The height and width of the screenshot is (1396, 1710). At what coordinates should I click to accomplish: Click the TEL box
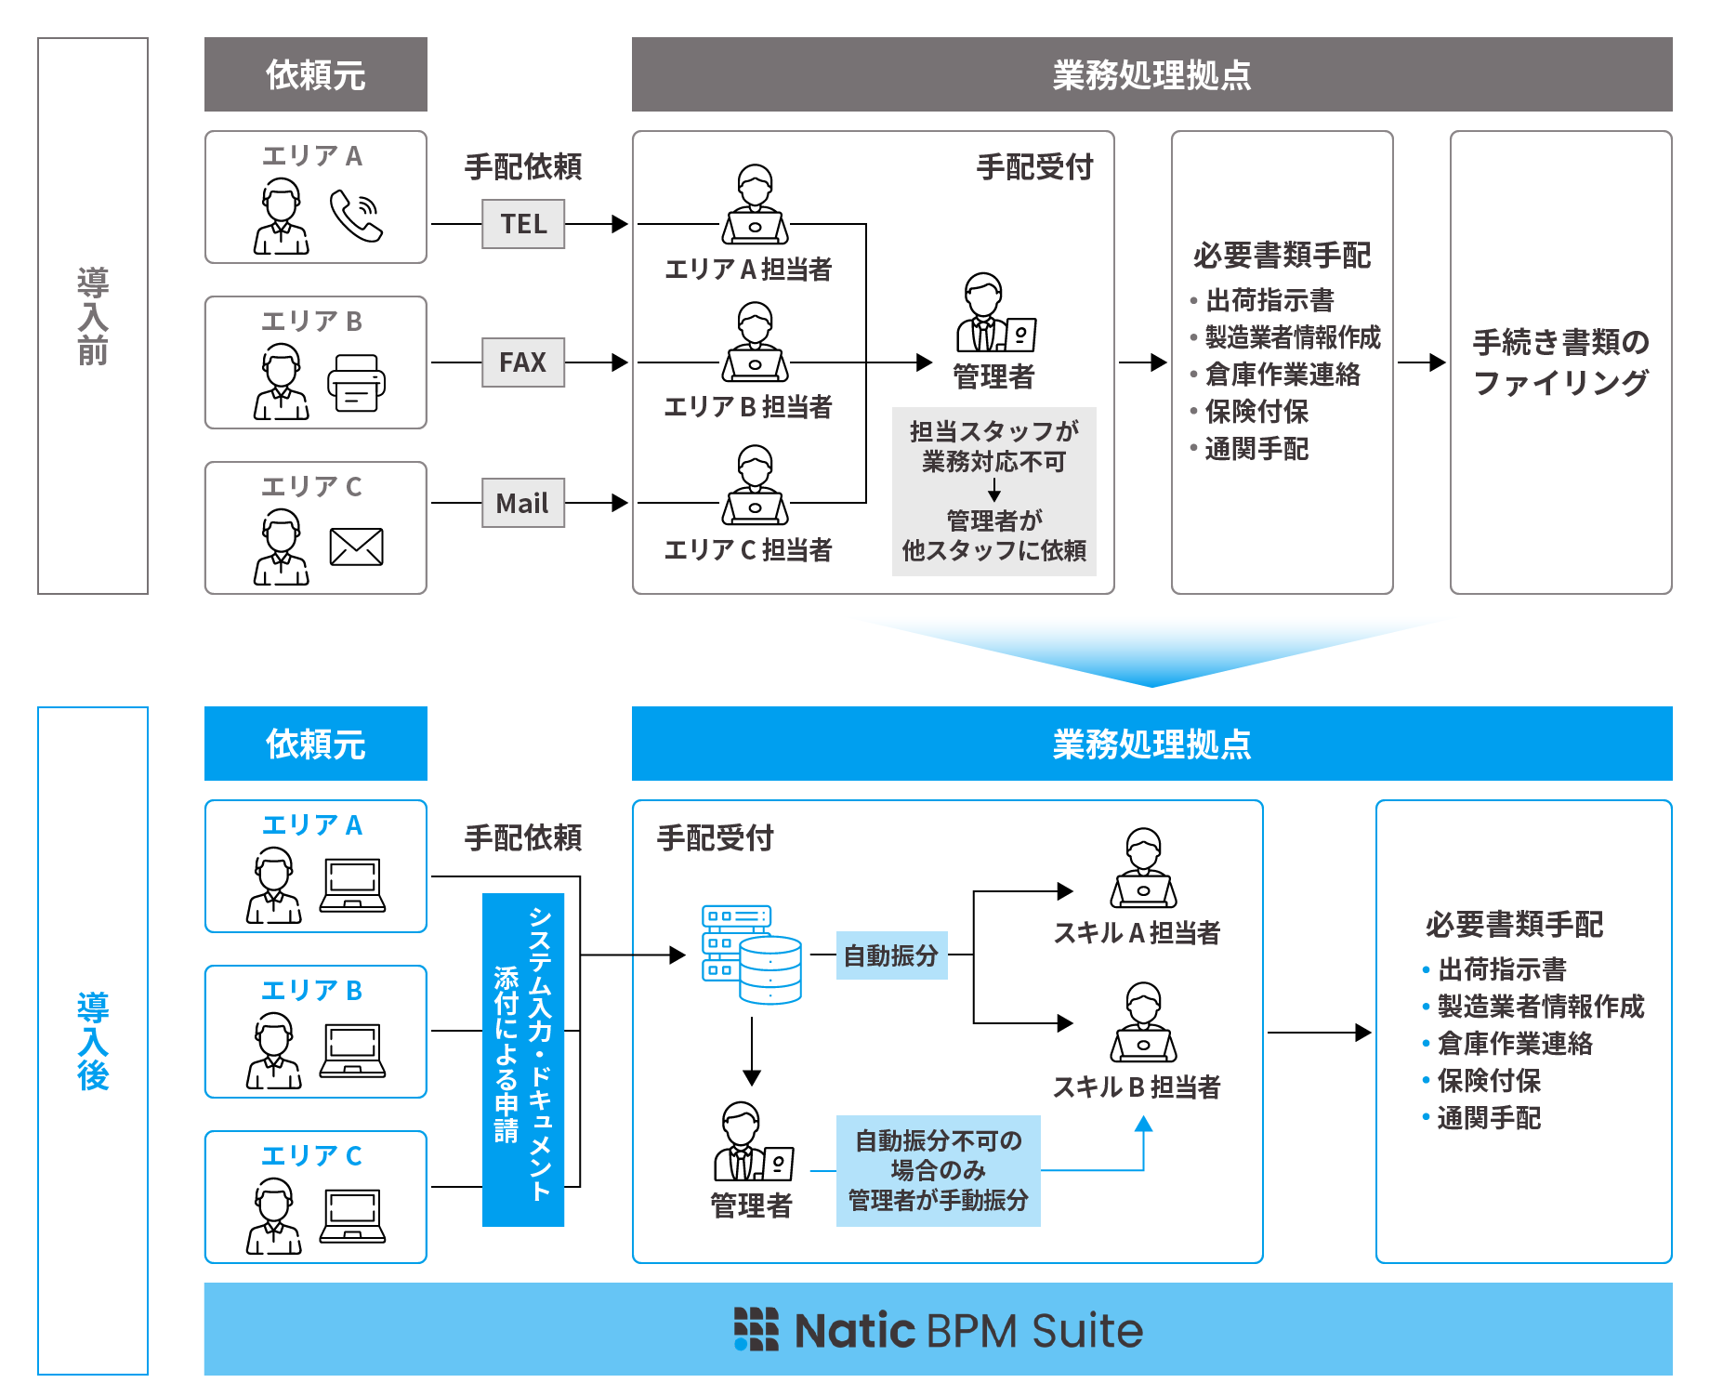click(x=523, y=224)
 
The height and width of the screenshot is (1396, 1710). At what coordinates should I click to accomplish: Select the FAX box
click(x=523, y=362)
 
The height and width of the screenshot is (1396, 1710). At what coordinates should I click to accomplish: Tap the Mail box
click(x=523, y=504)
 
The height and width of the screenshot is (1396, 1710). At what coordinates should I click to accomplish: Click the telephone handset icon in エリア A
click(x=356, y=217)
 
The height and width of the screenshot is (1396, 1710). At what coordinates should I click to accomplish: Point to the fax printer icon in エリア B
click(x=356, y=383)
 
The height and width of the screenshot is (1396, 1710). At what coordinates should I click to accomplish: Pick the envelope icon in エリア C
click(x=356, y=547)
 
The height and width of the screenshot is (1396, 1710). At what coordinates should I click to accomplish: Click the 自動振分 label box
click(x=891, y=955)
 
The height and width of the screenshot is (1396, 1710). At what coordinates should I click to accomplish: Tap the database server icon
click(x=751, y=955)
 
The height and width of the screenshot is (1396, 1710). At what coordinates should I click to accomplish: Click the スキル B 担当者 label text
click(x=1137, y=1087)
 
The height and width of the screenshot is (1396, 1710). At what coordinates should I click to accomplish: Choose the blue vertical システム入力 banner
click(x=523, y=1060)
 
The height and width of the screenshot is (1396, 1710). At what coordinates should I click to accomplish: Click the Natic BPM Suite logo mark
click(x=756, y=1329)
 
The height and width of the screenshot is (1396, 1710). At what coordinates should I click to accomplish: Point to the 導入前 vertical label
click(x=93, y=316)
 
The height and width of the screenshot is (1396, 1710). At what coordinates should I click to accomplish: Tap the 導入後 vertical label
click(x=93, y=1041)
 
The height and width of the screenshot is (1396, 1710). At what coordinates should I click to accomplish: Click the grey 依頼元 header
click(x=316, y=74)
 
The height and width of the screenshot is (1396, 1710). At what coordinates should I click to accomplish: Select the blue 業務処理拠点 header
click(x=1151, y=744)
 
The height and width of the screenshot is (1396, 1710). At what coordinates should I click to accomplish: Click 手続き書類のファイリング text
click(x=1560, y=362)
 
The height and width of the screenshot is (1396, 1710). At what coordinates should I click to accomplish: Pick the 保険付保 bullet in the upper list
click(x=1256, y=412)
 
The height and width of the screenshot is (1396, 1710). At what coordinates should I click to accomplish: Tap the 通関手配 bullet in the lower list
click(x=1489, y=1118)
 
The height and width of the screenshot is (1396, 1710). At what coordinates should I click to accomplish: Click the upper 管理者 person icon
click(x=993, y=313)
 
